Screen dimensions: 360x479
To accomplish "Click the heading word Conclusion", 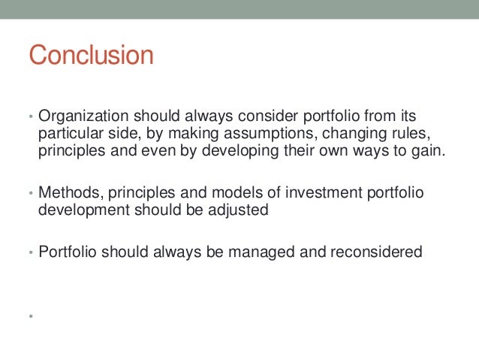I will tap(90, 56).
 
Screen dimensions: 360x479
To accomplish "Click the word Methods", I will tap(67, 193).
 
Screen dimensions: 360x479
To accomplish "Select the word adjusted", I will tap(238, 210).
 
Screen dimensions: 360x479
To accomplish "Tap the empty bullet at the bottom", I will tap(32, 316).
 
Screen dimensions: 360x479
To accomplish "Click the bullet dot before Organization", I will tap(31, 119).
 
